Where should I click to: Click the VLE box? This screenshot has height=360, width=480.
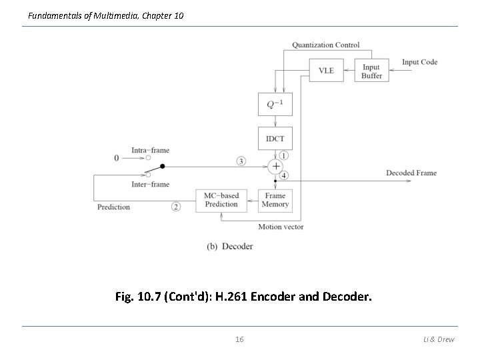pos(326,71)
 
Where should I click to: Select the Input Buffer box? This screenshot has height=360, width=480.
pos(371,71)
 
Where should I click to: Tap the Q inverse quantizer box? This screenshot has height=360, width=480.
pos(275,104)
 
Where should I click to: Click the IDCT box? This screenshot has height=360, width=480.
pos(275,139)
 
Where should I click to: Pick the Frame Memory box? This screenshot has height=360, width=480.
pos(275,200)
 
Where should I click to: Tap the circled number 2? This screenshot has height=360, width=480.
pos(176,207)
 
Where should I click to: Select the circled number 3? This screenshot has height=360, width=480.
pos(241,161)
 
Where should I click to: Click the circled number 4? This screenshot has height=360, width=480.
pos(283,175)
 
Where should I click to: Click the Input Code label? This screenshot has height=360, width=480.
pos(419,62)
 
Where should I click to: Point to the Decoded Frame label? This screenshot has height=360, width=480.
pos(411,173)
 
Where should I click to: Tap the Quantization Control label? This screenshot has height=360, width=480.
pos(325,45)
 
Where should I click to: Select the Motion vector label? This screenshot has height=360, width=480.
pos(281,227)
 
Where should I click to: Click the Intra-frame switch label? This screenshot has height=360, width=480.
pos(150,150)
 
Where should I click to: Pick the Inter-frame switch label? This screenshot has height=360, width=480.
pos(150,184)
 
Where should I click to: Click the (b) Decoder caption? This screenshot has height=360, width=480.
pos(230,246)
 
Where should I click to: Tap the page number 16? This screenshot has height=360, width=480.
pos(239,339)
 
